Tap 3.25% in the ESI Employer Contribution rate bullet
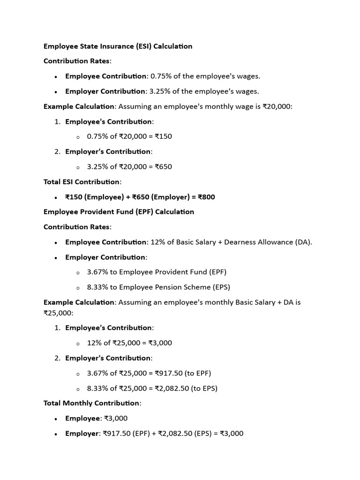[x=160, y=91]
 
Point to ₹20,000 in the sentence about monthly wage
[x=277, y=106]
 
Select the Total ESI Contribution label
[x=82, y=182]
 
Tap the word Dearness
[x=240, y=242]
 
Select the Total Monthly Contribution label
[x=92, y=404]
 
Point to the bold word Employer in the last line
[x=82, y=434]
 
